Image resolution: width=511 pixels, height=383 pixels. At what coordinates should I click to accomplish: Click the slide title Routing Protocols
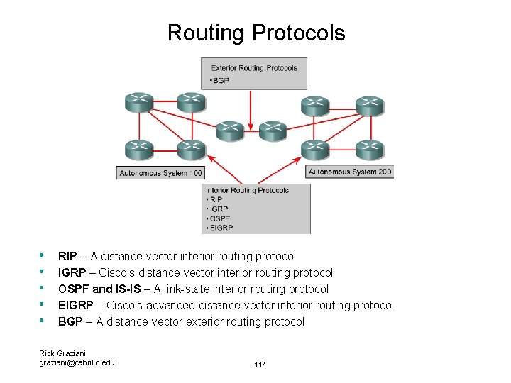point(256,33)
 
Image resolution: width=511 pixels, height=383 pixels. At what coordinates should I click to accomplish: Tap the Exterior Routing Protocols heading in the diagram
point(253,68)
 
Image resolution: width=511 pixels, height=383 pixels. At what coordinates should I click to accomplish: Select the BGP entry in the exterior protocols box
point(221,81)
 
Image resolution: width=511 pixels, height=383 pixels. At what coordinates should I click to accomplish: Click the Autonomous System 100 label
point(160,173)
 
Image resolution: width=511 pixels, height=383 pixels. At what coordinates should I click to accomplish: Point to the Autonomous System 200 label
point(351,172)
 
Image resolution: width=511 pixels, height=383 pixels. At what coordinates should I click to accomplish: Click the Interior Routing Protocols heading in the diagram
point(247,190)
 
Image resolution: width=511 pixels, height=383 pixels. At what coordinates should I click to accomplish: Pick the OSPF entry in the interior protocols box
point(221,218)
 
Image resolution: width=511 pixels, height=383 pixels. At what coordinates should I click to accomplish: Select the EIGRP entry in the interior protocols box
point(222,228)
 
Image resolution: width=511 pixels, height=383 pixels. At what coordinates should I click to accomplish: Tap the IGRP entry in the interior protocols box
point(219,209)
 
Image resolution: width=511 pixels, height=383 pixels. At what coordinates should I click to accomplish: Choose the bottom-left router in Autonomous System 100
point(138,150)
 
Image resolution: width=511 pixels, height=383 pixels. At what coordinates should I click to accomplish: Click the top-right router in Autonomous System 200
point(370,105)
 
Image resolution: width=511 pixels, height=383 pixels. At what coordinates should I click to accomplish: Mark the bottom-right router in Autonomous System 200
point(370,150)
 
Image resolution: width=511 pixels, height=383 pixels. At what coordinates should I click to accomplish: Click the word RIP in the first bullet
point(67,256)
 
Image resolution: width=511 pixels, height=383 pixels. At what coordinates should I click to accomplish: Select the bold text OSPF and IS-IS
point(104,289)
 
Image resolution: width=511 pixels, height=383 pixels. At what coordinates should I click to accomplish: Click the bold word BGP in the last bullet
point(70,321)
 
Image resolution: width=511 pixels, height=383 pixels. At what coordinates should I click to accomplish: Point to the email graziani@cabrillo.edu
point(77,362)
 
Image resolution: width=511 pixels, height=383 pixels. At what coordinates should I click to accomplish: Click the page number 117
point(260,364)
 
